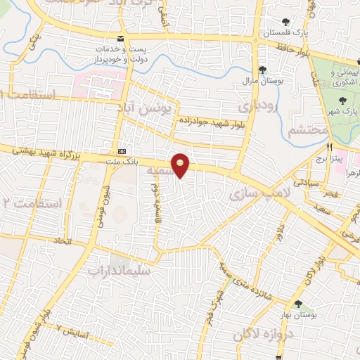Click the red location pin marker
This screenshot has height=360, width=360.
pos(181,166)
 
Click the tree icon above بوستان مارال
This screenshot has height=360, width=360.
pos(262,69)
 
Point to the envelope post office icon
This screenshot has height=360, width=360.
pos(121,38)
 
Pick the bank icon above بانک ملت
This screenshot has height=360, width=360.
pos(123,150)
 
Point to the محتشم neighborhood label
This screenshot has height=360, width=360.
pos(308,130)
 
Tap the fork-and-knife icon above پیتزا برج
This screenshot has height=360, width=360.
pos(329,148)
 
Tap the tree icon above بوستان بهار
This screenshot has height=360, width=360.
pos(300,304)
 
